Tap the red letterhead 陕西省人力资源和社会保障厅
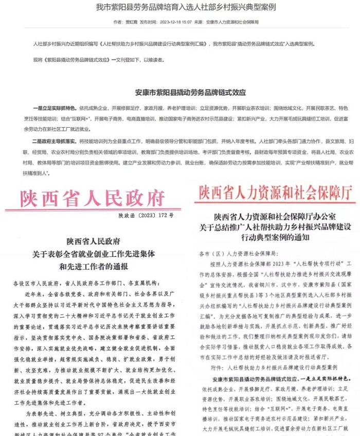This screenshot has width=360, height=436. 272,194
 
